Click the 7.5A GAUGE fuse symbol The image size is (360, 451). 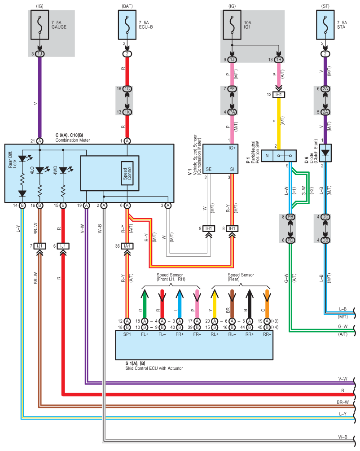click(40, 25)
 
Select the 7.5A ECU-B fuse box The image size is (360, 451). click(127, 25)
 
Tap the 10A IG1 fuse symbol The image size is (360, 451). click(232, 25)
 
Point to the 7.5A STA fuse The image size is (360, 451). click(325, 25)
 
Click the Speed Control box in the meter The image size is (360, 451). click(127, 173)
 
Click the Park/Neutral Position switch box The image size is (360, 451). click(279, 156)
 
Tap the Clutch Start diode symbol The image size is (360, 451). click(325, 153)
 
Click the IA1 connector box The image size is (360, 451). click(127, 246)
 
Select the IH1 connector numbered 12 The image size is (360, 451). click(279, 95)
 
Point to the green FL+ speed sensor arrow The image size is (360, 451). click(145, 303)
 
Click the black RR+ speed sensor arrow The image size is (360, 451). click(250, 303)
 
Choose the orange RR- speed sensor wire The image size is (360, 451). click(267, 303)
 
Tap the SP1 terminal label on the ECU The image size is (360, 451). click(127, 334)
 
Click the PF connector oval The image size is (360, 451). click(232, 89)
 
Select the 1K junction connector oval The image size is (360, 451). click(127, 112)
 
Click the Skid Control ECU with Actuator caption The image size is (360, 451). click(154, 368)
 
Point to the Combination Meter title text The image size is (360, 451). click(73, 140)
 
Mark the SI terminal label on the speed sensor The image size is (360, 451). click(232, 170)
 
